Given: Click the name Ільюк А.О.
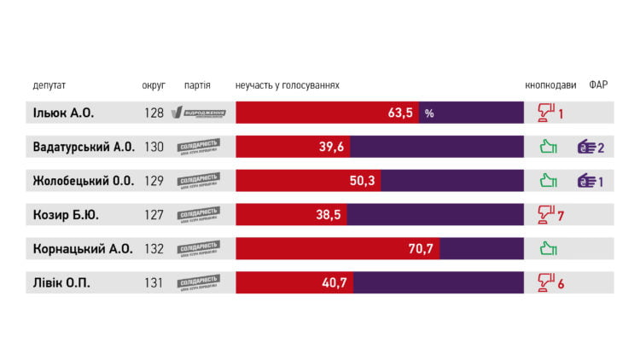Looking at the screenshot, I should point(63,113).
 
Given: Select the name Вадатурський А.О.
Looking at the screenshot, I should point(84,147).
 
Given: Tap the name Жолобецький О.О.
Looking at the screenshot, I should point(83,181).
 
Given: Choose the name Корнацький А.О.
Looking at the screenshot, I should point(82,249).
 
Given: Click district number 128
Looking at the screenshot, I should point(154,113).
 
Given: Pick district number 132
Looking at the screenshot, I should point(154,249).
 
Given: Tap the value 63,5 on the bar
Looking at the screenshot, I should point(400,113).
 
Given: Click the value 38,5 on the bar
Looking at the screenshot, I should point(329,215).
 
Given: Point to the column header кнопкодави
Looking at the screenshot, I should point(550,85).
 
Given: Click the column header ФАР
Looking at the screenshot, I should point(599,85).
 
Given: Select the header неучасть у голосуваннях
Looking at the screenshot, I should point(288,85).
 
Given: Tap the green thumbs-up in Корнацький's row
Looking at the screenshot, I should point(548,249).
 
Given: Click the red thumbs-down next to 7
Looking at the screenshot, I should point(546,215).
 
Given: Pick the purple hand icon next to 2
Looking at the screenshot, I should point(586,147).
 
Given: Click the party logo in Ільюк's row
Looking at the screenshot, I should point(199,113).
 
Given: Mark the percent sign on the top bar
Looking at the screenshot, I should point(429,113).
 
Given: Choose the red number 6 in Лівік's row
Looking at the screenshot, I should point(561,284).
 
